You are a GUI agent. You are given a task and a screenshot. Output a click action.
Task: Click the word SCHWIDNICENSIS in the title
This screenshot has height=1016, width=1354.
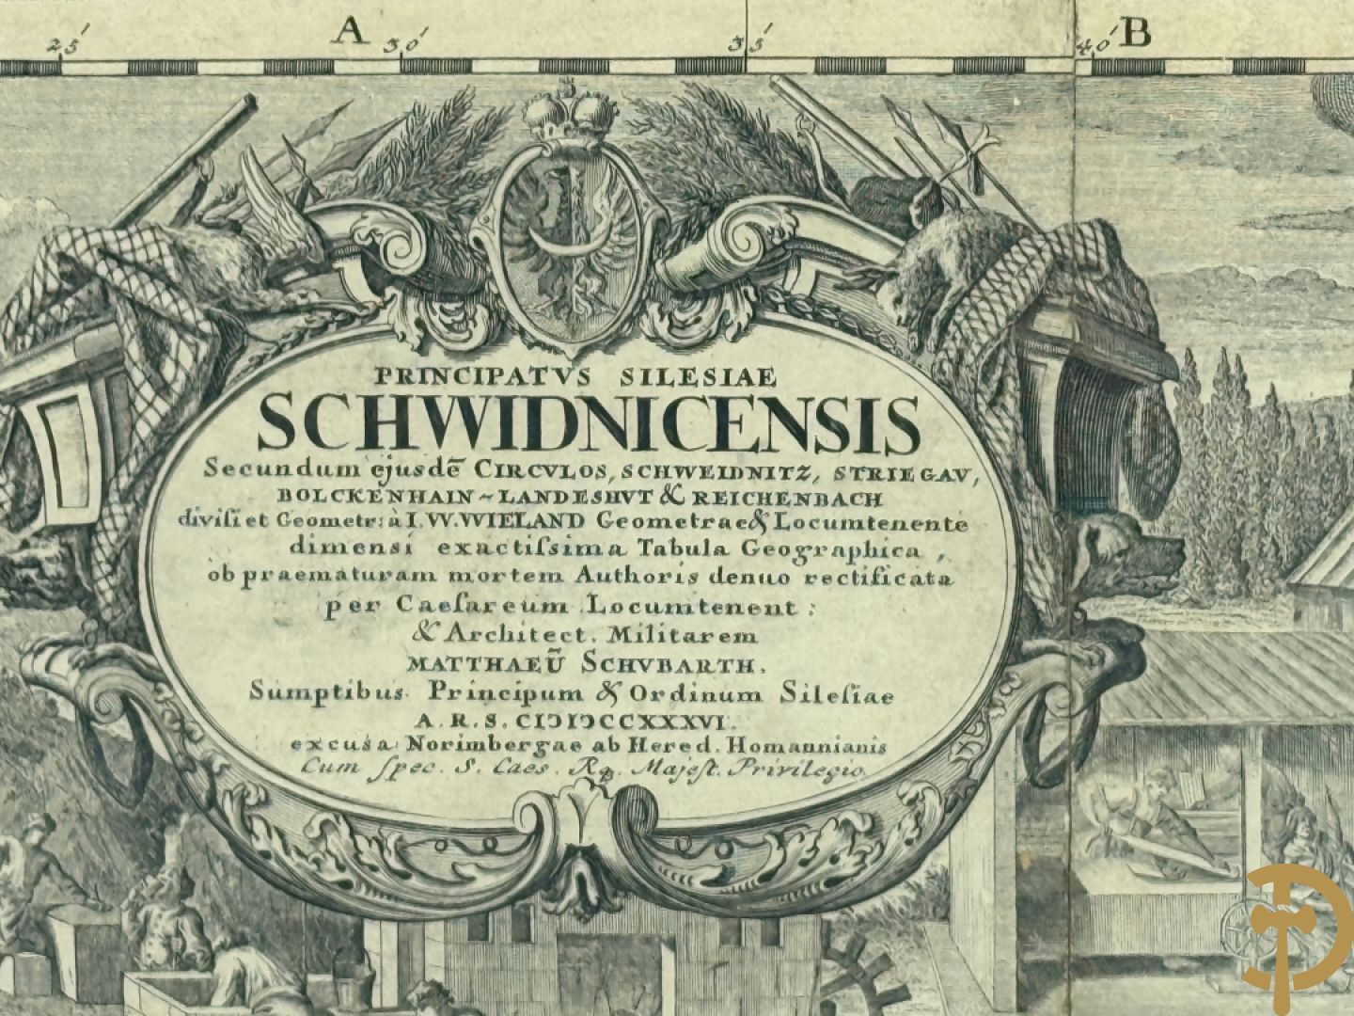pos(589,424)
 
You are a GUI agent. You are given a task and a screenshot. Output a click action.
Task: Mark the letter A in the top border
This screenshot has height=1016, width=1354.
pos(350,33)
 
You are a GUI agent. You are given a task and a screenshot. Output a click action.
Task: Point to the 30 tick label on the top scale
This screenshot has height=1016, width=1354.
pos(413,40)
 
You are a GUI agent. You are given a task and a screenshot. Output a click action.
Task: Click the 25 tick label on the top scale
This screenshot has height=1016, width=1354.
pos(68,42)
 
